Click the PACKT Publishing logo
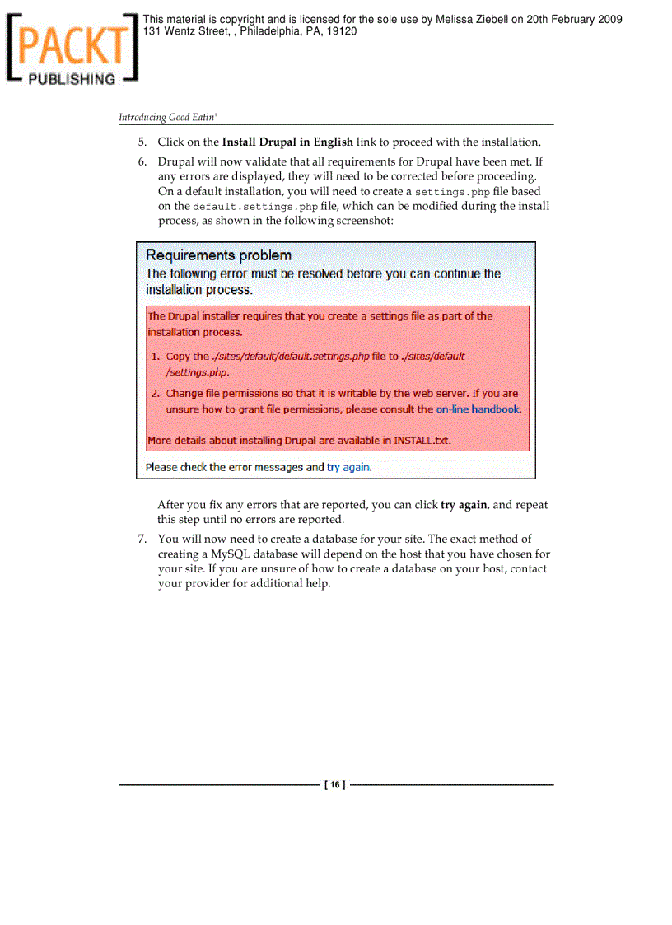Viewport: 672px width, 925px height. [70, 49]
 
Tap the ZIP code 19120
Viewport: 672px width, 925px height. [341, 31]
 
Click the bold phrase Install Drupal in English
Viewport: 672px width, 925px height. [287, 142]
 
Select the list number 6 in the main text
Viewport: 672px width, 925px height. [142, 161]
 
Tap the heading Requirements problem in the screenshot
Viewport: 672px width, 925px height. [218, 255]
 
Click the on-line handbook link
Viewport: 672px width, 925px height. [478, 409]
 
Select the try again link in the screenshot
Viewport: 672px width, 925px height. [348, 467]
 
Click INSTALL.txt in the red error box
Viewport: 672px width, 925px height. [422, 441]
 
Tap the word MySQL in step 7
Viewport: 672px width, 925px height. [231, 554]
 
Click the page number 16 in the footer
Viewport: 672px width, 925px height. [335, 785]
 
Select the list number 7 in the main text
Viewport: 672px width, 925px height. [142, 540]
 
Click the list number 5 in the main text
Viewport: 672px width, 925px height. [142, 142]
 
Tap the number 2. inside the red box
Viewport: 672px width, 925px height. [155, 394]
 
